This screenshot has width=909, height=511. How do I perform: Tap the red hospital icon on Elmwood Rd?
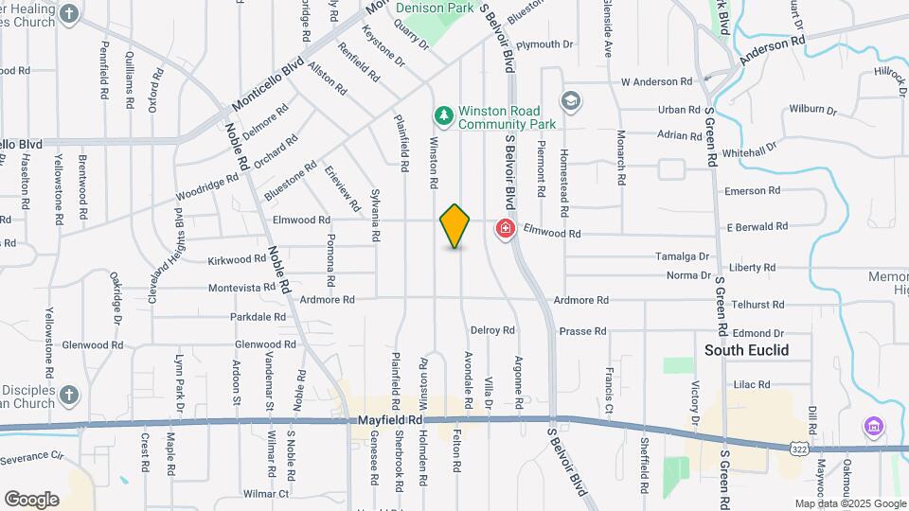coord(505,229)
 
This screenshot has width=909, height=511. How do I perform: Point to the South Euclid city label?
coord(746,350)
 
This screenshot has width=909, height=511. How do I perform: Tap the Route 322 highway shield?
coord(801,445)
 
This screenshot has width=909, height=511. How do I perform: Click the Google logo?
coord(31,499)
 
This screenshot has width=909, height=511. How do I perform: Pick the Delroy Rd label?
coord(492,330)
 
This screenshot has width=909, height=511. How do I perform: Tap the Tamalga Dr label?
coord(682,256)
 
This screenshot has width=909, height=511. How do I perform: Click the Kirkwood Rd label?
coord(237,258)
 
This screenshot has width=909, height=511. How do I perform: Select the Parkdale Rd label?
coord(258,317)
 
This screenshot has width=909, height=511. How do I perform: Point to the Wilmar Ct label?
coord(264,494)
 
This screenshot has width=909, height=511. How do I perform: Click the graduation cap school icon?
coord(571,101)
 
